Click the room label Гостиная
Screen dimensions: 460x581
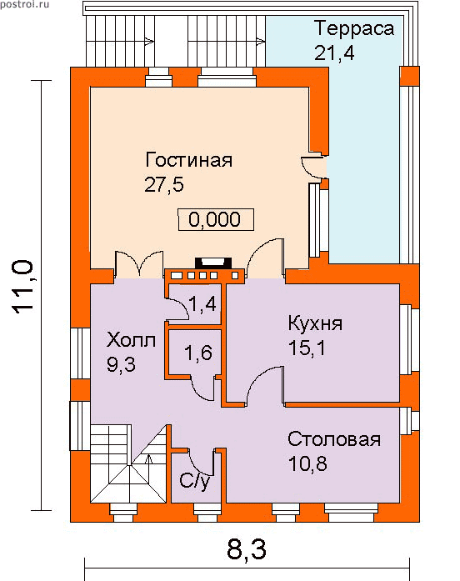[x=188, y=160]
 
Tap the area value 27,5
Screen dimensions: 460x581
[x=164, y=183]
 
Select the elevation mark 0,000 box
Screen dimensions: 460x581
[x=216, y=219]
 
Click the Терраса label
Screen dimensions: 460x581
[x=354, y=28]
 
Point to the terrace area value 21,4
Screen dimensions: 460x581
[x=334, y=53]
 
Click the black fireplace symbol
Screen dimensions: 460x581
[x=213, y=263]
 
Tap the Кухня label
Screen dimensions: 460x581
[x=315, y=323]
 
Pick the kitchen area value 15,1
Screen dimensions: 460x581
[x=307, y=348]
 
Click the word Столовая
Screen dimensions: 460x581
[x=334, y=439]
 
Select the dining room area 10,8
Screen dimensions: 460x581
[x=307, y=463]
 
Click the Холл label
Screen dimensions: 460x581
[x=131, y=339]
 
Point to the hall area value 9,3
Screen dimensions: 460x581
[x=121, y=364]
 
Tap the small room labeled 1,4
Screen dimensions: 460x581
[x=202, y=304]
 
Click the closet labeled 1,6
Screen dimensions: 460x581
[x=198, y=352]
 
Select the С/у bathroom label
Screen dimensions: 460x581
[x=195, y=481]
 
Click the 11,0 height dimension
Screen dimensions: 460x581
[x=23, y=288]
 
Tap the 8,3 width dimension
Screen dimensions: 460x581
[x=247, y=548]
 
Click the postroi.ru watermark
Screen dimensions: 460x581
[x=24, y=5]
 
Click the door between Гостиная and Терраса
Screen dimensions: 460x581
[x=314, y=167]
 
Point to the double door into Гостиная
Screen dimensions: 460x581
[x=139, y=264]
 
